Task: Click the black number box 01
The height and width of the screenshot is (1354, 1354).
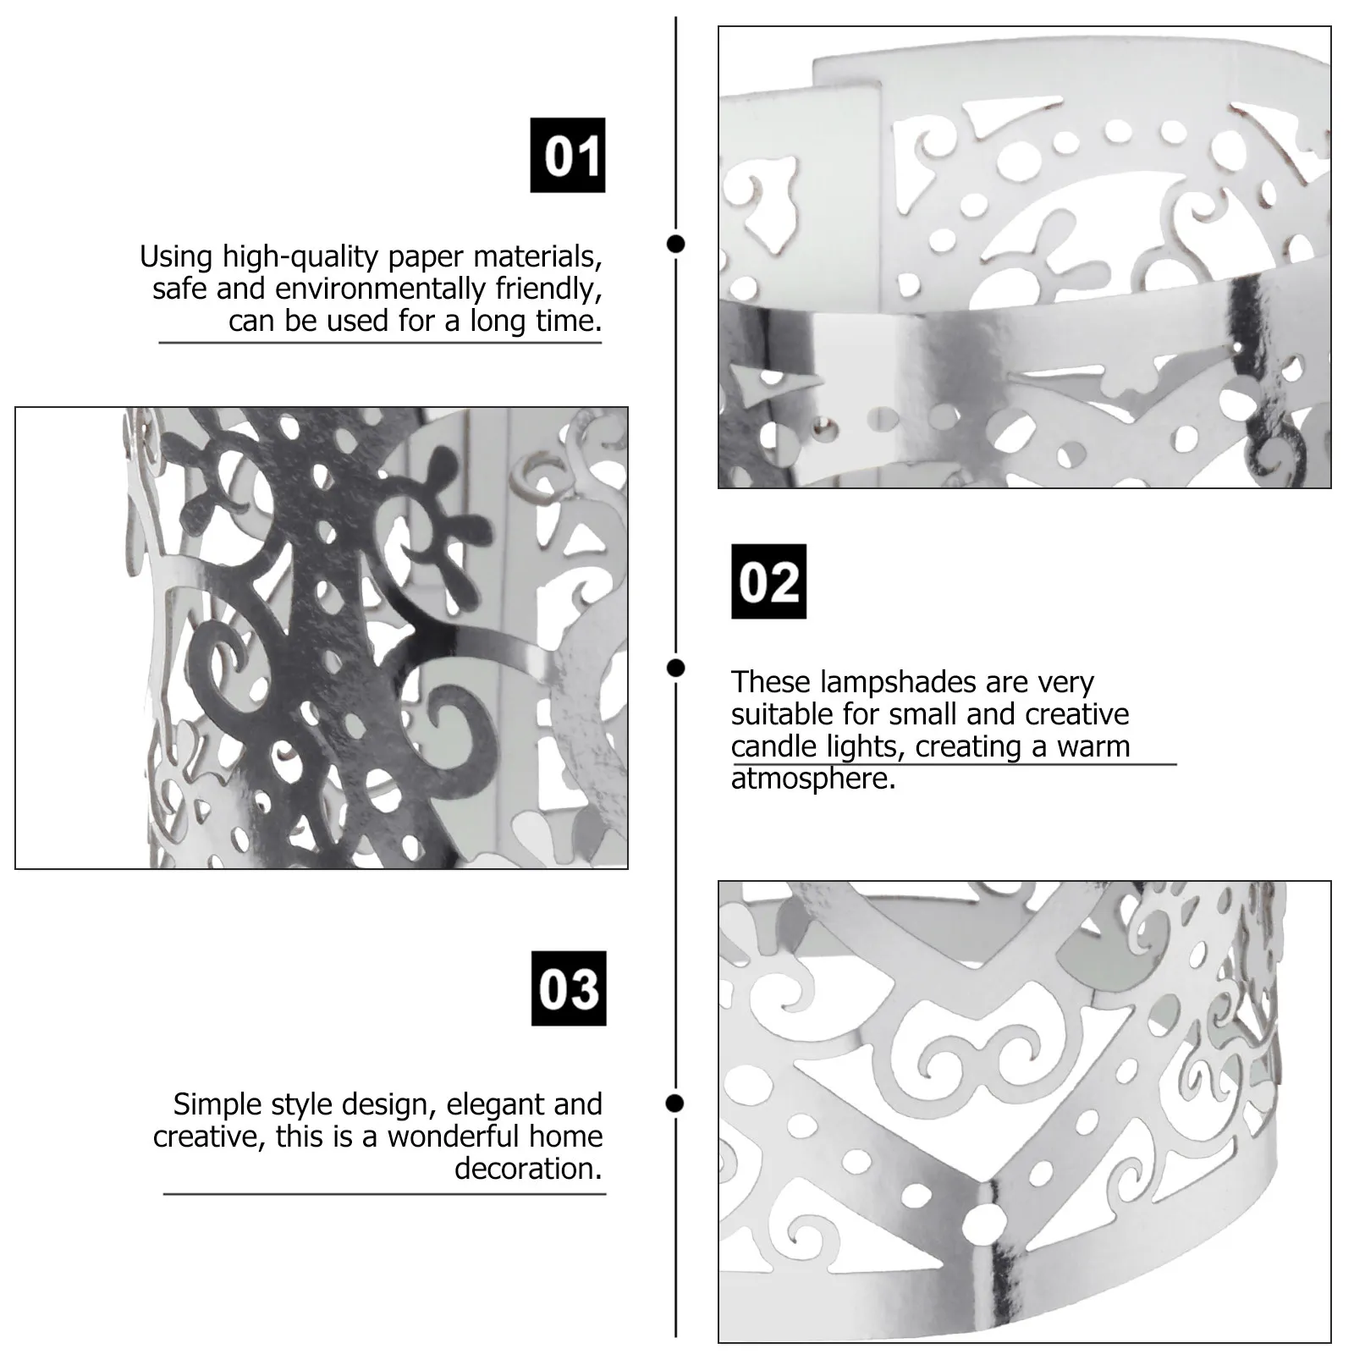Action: [x=568, y=155]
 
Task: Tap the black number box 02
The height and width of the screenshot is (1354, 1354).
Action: [x=768, y=581]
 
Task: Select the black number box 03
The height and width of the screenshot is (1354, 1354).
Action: [x=569, y=988]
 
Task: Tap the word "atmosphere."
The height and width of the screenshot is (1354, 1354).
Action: [x=813, y=779]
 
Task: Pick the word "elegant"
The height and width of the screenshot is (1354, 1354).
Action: [x=496, y=1105]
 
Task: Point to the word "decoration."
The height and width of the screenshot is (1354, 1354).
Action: [x=529, y=1169]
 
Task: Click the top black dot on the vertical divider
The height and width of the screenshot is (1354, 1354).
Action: [x=675, y=245]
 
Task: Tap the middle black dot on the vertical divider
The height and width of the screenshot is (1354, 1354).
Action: [x=675, y=669]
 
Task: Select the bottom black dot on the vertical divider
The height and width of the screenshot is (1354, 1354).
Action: [x=675, y=1104]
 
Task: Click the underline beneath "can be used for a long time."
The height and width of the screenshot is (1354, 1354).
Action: [x=380, y=343]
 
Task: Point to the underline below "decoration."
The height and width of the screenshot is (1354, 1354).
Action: [x=385, y=1194]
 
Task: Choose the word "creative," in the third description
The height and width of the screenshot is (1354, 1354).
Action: [x=210, y=1137]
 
